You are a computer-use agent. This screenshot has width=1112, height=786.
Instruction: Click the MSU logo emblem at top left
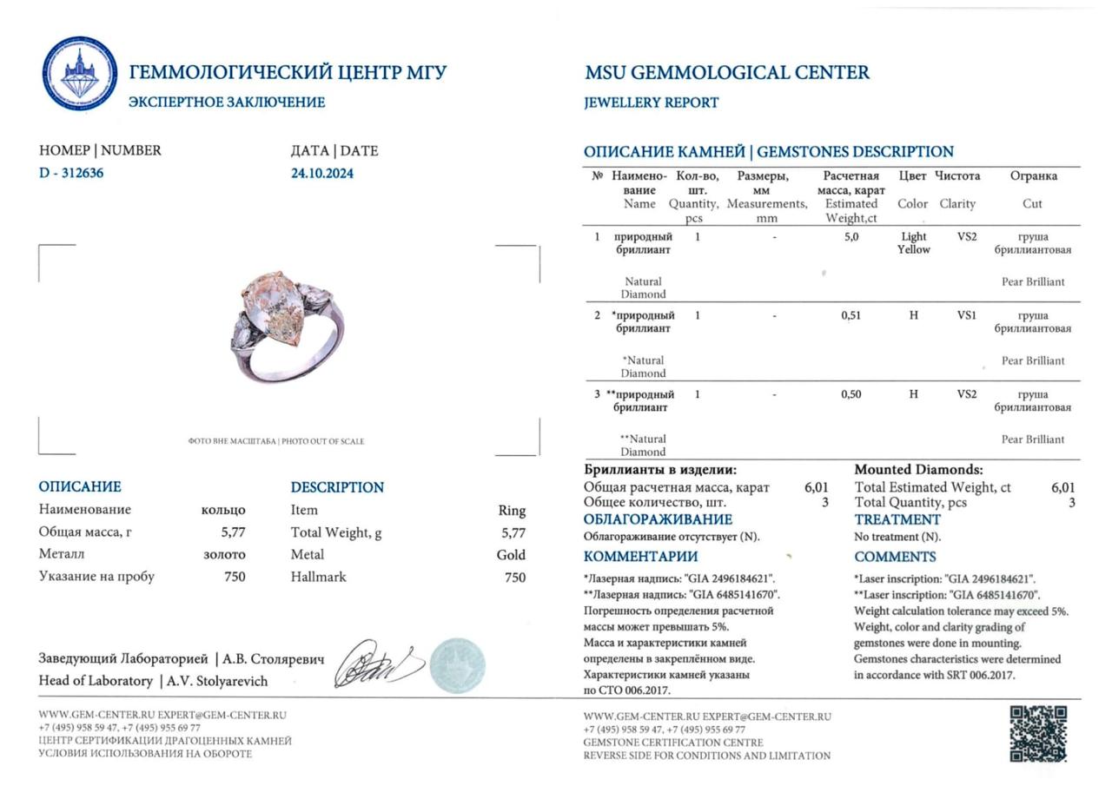(80, 74)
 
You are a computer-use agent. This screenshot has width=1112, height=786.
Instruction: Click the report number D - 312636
(71, 173)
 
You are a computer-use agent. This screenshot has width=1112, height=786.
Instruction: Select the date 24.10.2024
(322, 173)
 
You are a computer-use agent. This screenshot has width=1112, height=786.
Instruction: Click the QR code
(1038, 734)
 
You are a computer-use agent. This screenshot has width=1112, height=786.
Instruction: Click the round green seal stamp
(457, 664)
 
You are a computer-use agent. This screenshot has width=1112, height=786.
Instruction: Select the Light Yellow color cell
(913, 243)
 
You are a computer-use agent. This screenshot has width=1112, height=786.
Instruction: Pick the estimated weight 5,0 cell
(851, 237)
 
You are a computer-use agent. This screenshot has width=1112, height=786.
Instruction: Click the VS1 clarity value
(966, 315)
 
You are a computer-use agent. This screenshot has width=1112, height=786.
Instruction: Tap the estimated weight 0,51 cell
(851, 315)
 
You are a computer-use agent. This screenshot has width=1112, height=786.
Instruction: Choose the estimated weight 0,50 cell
(851, 394)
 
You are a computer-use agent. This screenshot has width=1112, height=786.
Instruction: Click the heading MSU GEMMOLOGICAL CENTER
(726, 73)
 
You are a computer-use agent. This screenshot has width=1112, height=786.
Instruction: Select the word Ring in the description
(512, 511)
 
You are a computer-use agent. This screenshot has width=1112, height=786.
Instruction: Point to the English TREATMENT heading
(897, 519)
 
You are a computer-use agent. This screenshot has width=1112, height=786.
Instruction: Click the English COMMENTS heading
(895, 557)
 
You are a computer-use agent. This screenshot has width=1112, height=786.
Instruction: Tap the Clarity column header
(957, 204)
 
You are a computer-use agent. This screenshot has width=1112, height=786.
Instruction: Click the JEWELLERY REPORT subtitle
(651, 102)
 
